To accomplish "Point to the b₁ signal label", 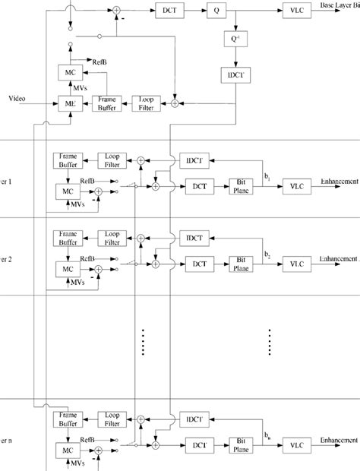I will (x=268, y=175).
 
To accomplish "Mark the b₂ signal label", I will (x=268, y=253).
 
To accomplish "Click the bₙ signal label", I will (x=268, y=434).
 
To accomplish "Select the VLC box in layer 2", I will (x=292, y=263).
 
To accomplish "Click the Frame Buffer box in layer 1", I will (x=68, y=160).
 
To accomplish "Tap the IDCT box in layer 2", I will (x=191, y=238).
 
